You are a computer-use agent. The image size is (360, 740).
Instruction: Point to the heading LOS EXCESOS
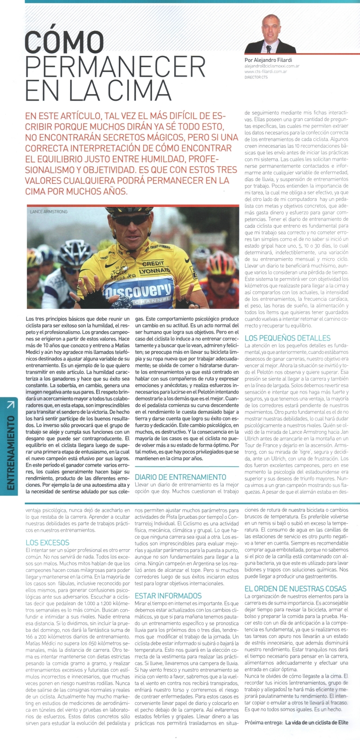tap(48, 543)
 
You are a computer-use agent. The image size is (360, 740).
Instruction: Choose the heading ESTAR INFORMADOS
tap(168, 596)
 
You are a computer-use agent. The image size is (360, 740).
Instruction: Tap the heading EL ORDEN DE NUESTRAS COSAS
tap(295, 588)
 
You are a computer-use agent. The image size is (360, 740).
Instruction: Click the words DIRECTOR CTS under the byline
tap(256, 77)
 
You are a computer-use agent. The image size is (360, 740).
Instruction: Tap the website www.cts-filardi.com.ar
tap(266, 72)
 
